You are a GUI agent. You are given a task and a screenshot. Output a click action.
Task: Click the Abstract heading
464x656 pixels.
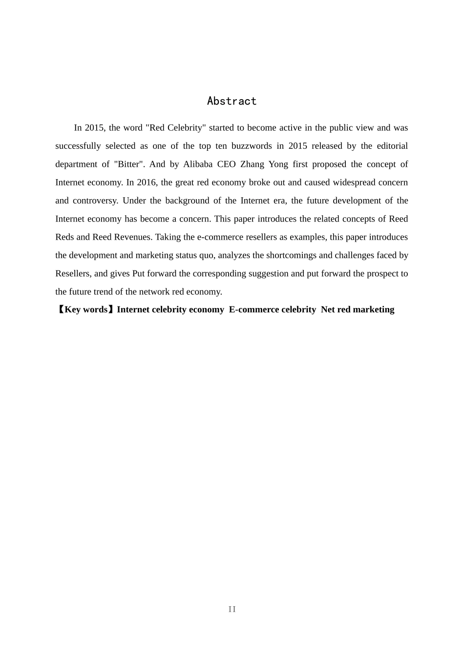click(232, 101)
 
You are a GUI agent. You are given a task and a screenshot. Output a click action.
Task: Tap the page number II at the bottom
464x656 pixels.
click(232, 609)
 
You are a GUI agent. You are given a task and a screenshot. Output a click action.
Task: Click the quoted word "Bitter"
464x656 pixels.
click(129, 164)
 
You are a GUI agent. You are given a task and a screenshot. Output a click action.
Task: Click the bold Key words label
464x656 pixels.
click(86, 309)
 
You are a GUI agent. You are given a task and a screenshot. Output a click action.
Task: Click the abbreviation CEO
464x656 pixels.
click(226, 164)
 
